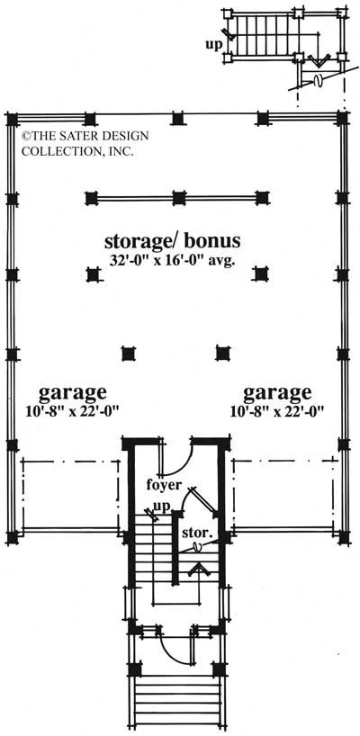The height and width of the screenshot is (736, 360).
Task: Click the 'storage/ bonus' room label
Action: pyautogui.click(x=172, y=241)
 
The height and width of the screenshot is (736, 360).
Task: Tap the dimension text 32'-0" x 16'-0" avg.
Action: pyautogui.click(x=172, y=261)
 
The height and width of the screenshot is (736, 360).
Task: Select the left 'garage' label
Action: pyautogui.click(x=72, y=392)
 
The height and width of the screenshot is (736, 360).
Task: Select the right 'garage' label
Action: pyautogui.click(x=277, y=392)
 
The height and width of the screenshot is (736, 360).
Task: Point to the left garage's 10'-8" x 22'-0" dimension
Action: pyautogui.click(x=72, y=412)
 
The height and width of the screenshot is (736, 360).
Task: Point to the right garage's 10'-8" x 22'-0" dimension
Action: pyautogui.click(x=278, y=412)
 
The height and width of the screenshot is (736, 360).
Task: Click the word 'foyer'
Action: pyautogui.click(x=163, y=484)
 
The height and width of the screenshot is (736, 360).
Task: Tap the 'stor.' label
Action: pyautogui.click(x=198, y=534)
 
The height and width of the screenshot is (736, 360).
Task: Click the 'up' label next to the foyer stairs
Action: pyautogui.click(x=166, y=507)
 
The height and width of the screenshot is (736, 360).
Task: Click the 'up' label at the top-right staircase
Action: pyautogui.click(x=213, y=45)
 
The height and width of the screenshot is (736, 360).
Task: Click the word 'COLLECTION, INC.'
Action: pyautogui.click(x=78, y=152)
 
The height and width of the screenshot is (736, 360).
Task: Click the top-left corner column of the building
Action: pyautogui.click(x=13, y=120)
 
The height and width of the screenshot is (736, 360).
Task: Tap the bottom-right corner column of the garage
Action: pyautogui.click(x=344, y=537)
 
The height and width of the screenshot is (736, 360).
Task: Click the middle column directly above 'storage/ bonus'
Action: pyautogui.click(x=178, y=198)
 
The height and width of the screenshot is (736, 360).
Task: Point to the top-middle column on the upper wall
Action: pyautogui.click(x=176, y=119)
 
